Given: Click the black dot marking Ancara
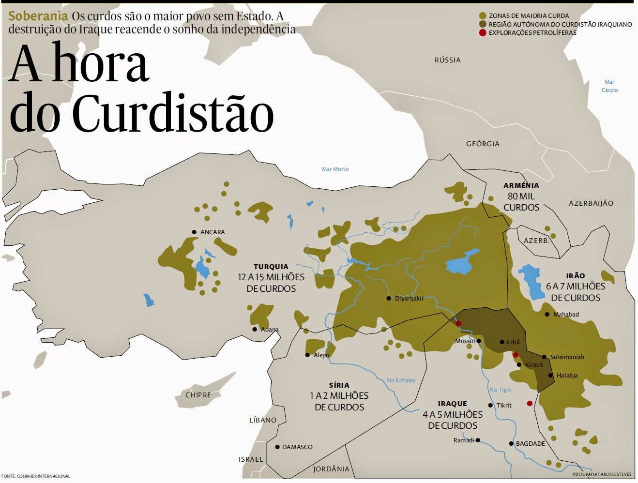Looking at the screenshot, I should point(194,232).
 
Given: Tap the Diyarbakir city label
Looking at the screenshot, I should point(409,299).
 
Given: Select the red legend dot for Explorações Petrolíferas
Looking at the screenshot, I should point(482,33).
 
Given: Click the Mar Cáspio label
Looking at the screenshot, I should point(609,86).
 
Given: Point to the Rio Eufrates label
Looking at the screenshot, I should point(400,380).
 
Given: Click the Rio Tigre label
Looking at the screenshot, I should point(500,390).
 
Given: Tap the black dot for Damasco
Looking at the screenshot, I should point(277,447).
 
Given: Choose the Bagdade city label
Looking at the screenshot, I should point(530,444).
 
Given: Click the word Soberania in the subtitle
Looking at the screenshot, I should point(38,16).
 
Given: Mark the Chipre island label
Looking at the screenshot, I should point(198,395).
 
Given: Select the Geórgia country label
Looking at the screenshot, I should point(482,144).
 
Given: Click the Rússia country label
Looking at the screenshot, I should point(447,60).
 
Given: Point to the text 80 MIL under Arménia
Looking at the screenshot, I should point(521,196).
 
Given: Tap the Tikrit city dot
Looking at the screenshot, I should point(491,406).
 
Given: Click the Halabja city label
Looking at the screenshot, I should point(567,376).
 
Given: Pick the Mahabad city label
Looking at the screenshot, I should point(566,315).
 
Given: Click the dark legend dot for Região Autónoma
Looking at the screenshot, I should point(482,24).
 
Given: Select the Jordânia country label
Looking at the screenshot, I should point(331,469).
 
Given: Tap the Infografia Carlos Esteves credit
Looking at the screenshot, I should point(602,475).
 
